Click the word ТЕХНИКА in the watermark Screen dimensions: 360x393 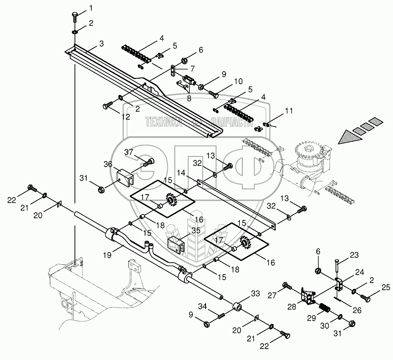164,122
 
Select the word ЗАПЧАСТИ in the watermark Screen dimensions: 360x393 228,122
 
